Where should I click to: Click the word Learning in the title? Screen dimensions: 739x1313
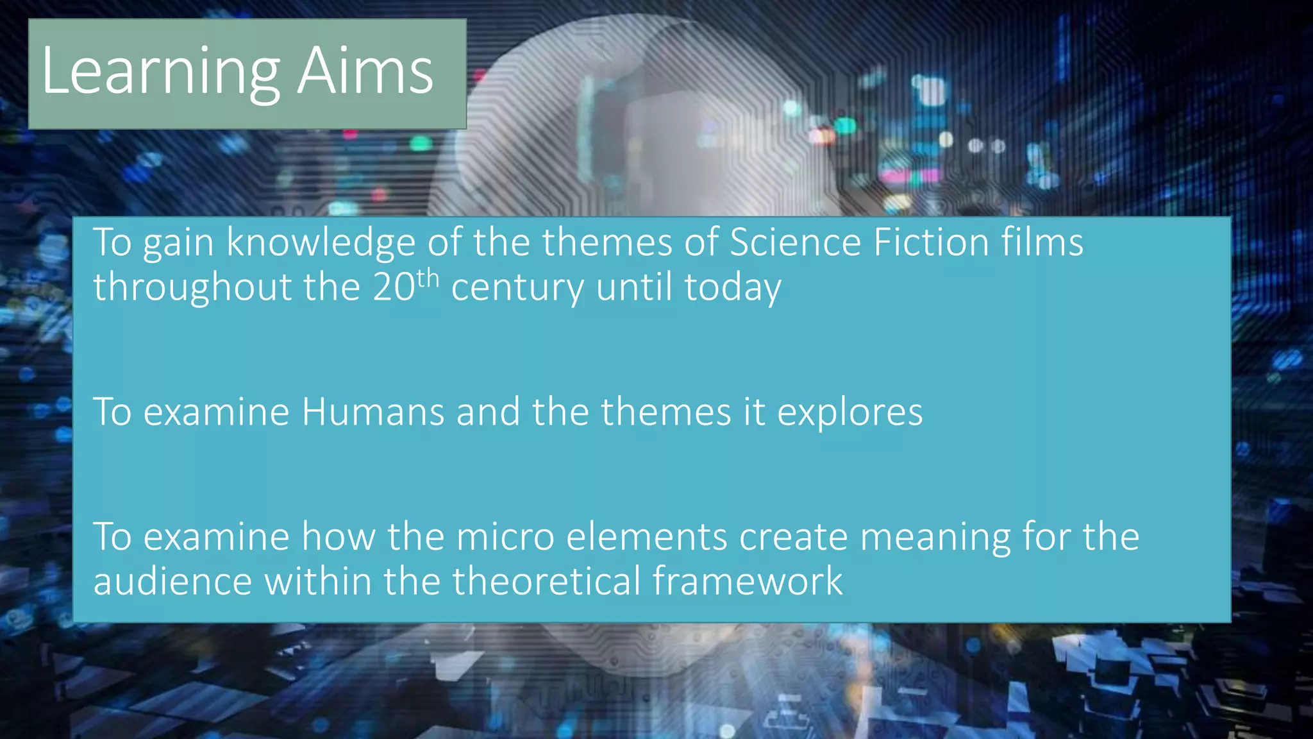(160, 72)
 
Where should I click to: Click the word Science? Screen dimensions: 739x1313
(795, 242)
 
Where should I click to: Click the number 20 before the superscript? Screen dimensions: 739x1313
(394, 287)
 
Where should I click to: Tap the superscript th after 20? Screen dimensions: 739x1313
(428, 278)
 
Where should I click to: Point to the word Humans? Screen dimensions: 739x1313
(372, 412)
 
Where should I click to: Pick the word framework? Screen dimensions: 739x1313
(748, 581)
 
